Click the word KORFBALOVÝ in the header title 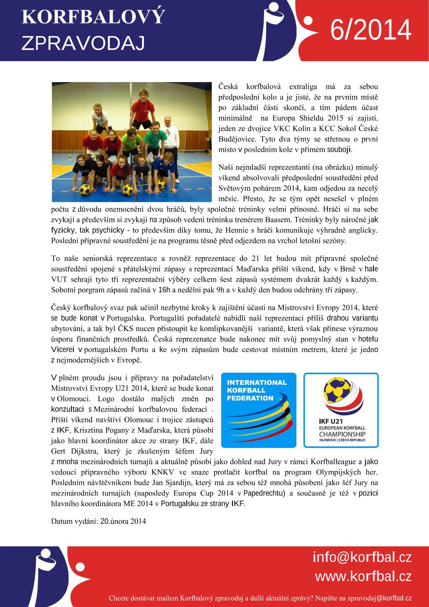coord(93,18)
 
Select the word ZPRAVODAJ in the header coord(83,44)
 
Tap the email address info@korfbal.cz coord(362,558)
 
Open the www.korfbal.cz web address coord(363,577)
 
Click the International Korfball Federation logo coord(259,410)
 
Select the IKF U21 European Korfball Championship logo coord(341,410)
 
